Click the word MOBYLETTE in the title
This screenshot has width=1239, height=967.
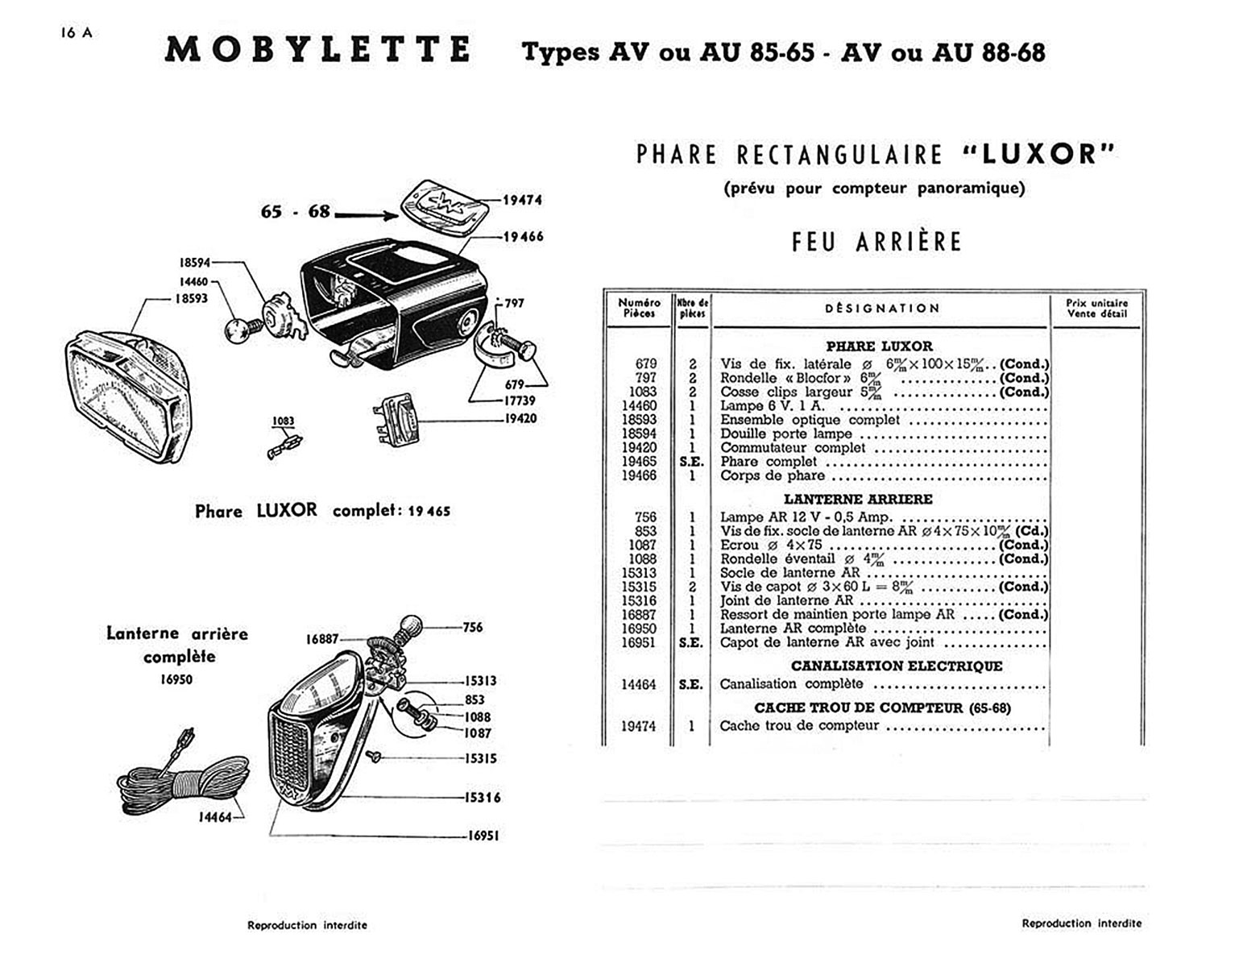318,50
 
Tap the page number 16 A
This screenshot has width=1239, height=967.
76,33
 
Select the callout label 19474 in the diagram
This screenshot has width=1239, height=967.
522,200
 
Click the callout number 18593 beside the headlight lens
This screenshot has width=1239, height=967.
191,298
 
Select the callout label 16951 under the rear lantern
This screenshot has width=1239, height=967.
483,836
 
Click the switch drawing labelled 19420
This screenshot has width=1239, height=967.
397,419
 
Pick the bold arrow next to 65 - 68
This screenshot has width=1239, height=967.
367,214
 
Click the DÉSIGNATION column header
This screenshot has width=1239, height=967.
882,308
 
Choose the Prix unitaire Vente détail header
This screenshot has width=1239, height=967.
1096,308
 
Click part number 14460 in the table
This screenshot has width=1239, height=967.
639,405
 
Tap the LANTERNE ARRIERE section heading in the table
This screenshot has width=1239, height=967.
858,499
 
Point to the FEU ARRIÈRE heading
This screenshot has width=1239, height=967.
876,242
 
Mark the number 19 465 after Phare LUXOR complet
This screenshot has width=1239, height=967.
429,511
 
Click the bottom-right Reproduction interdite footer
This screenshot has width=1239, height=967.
1081,923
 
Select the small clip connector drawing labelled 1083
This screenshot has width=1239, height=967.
284,445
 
